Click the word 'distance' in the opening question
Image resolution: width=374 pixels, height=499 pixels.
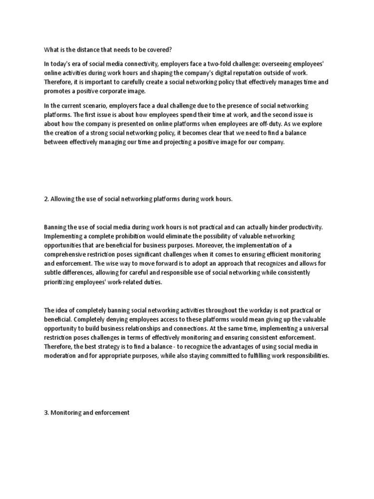(88, 50)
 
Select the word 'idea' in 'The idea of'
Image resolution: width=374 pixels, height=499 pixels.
(63, 310)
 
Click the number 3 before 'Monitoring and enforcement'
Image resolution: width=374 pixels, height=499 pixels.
(46, 413)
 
